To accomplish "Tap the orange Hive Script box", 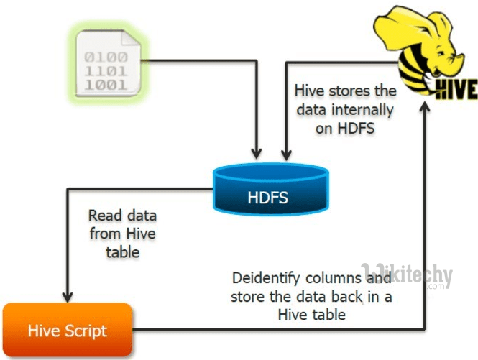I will pos(67,331).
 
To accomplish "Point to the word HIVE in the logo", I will pos(446,89).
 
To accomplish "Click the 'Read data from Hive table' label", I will pos(122,234).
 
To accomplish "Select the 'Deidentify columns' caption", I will pos(311,295).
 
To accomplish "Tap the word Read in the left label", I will pos(103,216).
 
